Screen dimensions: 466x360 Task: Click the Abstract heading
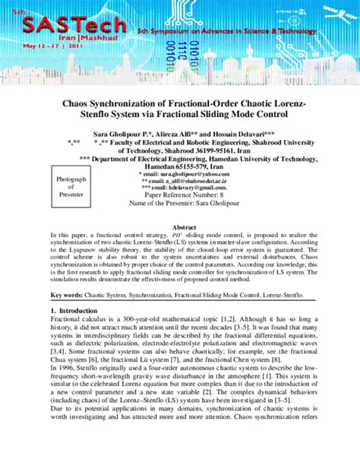pyautogui.click(x=185, y=227)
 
